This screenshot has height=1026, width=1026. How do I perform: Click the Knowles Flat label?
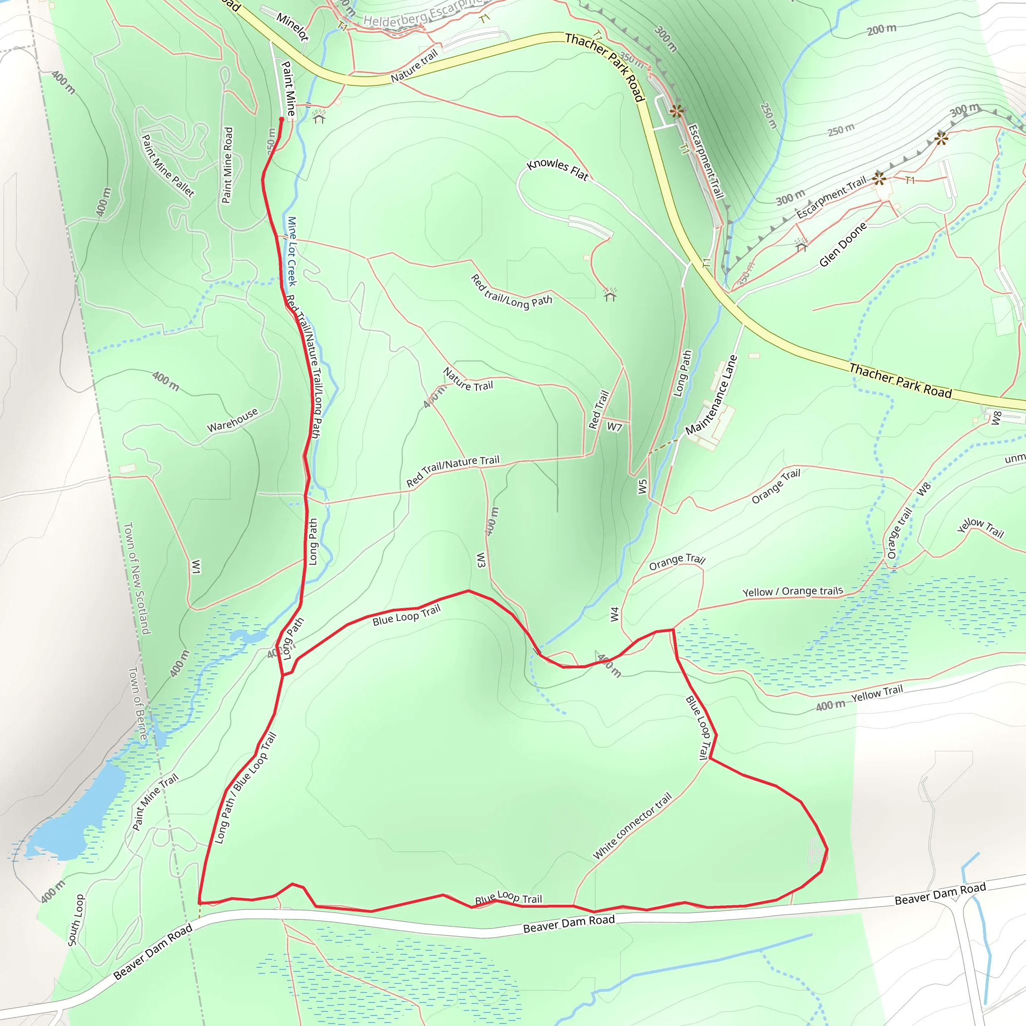[x=557, y=169]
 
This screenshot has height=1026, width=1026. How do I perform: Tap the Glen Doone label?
[x=843, y=244]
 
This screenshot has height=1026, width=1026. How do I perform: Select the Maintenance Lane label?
[x=711, y=395]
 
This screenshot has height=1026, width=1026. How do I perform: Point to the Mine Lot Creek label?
[x=292, y=250]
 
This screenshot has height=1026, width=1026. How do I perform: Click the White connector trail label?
[x=632, y=826]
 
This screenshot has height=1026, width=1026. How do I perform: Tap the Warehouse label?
[x=232, y=419]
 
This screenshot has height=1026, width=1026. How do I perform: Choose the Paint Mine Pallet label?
[x=168, y=166]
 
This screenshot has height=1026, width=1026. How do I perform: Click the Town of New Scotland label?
[x=137, y=578]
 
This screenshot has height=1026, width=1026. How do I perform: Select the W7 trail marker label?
[x=614, y=426]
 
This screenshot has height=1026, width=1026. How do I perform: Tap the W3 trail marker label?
[x=480, y=560]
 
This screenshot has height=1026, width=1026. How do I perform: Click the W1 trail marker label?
[x=196, y=567]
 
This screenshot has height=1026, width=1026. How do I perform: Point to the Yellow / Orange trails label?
[x=793, y=592]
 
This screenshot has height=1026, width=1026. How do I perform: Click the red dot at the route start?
[x=282, y=120]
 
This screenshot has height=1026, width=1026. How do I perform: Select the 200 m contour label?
[x=882, y=29]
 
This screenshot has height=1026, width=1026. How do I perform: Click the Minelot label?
[x=292, y=27]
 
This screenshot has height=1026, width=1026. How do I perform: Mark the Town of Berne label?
[x=138, y=704]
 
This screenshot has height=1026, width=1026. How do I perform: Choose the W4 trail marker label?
[x=614, y=614]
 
